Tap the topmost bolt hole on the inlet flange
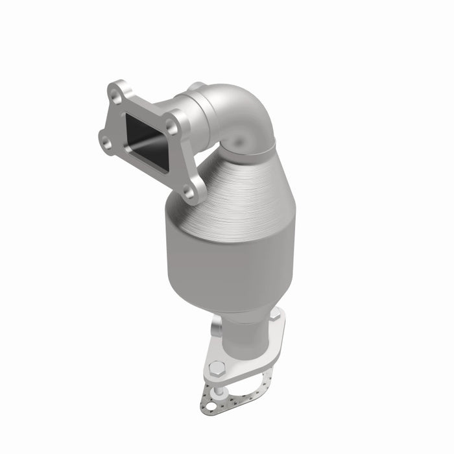tap(115, 97)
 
